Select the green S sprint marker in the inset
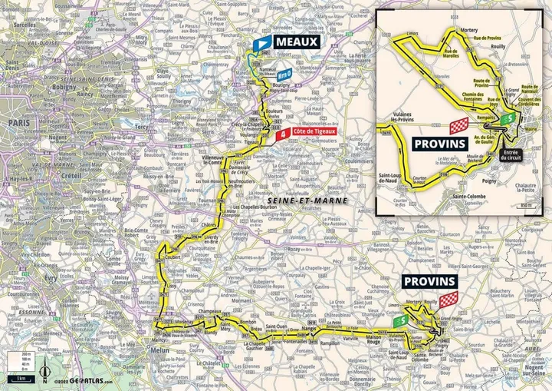coord(506,119)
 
